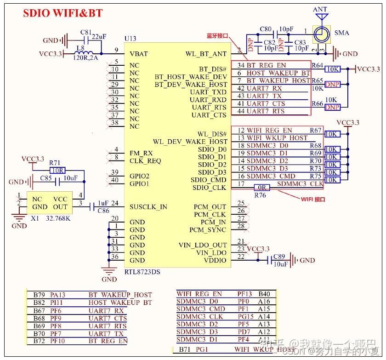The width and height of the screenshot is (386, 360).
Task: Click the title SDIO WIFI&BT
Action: (x=63, y=13)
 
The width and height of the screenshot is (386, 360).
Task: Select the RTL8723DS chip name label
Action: (x=142, y=272)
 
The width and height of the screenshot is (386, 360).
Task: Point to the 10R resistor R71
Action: (x=57, y=170)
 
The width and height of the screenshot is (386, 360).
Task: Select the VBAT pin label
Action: (x=139, y=54)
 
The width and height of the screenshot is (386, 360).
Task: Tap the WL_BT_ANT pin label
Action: (x=206, y=54)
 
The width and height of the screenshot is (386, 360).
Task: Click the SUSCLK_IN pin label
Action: (x=148, y=207)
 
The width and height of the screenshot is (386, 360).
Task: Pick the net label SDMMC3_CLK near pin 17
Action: (x=300, y=184)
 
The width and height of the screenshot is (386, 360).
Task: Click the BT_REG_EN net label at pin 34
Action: (x=266, y=65)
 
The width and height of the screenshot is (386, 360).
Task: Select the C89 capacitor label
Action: (x=279, y=257)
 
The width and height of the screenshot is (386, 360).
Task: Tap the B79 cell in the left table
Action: (x=39, y=295)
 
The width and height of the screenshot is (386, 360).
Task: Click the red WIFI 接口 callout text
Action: (x=313, y=200)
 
